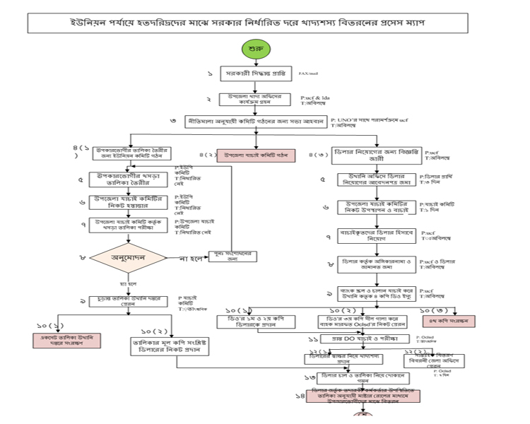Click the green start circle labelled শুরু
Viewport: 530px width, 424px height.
click(256, 49)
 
